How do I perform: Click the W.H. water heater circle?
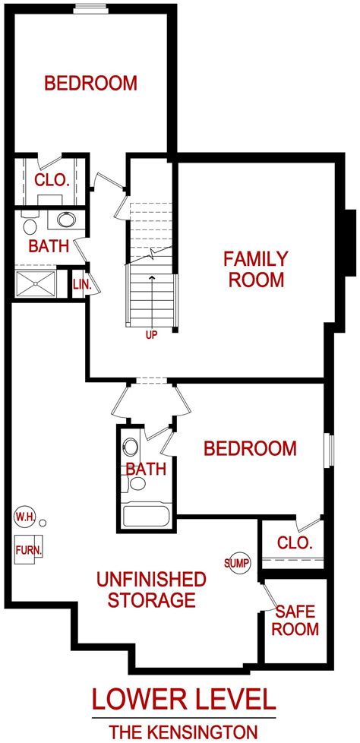tap(24, 517)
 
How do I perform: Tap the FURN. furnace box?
tap(29, 548)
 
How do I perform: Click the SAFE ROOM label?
tap(296, 619)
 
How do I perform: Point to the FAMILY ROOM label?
tap(254, 268)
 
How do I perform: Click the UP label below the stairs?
tap(151, 334)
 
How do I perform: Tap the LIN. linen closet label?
tap(81, 284)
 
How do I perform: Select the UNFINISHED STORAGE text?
tap(150, 590)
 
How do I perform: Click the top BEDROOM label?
tap(90, 83)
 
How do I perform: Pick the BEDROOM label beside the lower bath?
tap(250, 448)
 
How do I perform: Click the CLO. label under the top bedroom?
tap(52, 180)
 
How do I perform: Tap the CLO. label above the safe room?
tap(295, 542)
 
